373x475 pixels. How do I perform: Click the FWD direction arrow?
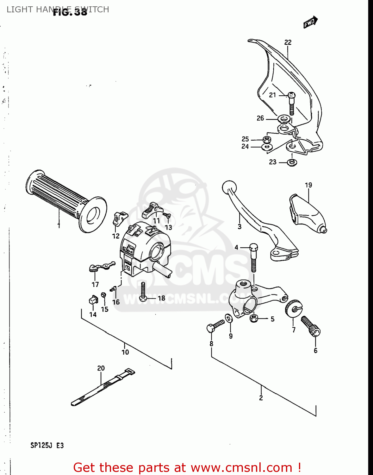310,22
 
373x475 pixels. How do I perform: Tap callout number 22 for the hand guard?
288,42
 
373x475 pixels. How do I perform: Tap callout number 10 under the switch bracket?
125,352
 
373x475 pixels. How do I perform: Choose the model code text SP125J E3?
47,446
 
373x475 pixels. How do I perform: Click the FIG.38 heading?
70,12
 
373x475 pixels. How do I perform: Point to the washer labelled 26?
283,119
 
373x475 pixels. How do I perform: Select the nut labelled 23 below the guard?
292,162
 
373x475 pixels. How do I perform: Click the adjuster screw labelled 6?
311,326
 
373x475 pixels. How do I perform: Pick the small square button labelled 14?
93,299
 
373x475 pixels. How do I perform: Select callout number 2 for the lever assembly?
261,398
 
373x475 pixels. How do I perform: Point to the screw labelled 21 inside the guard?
291,103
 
